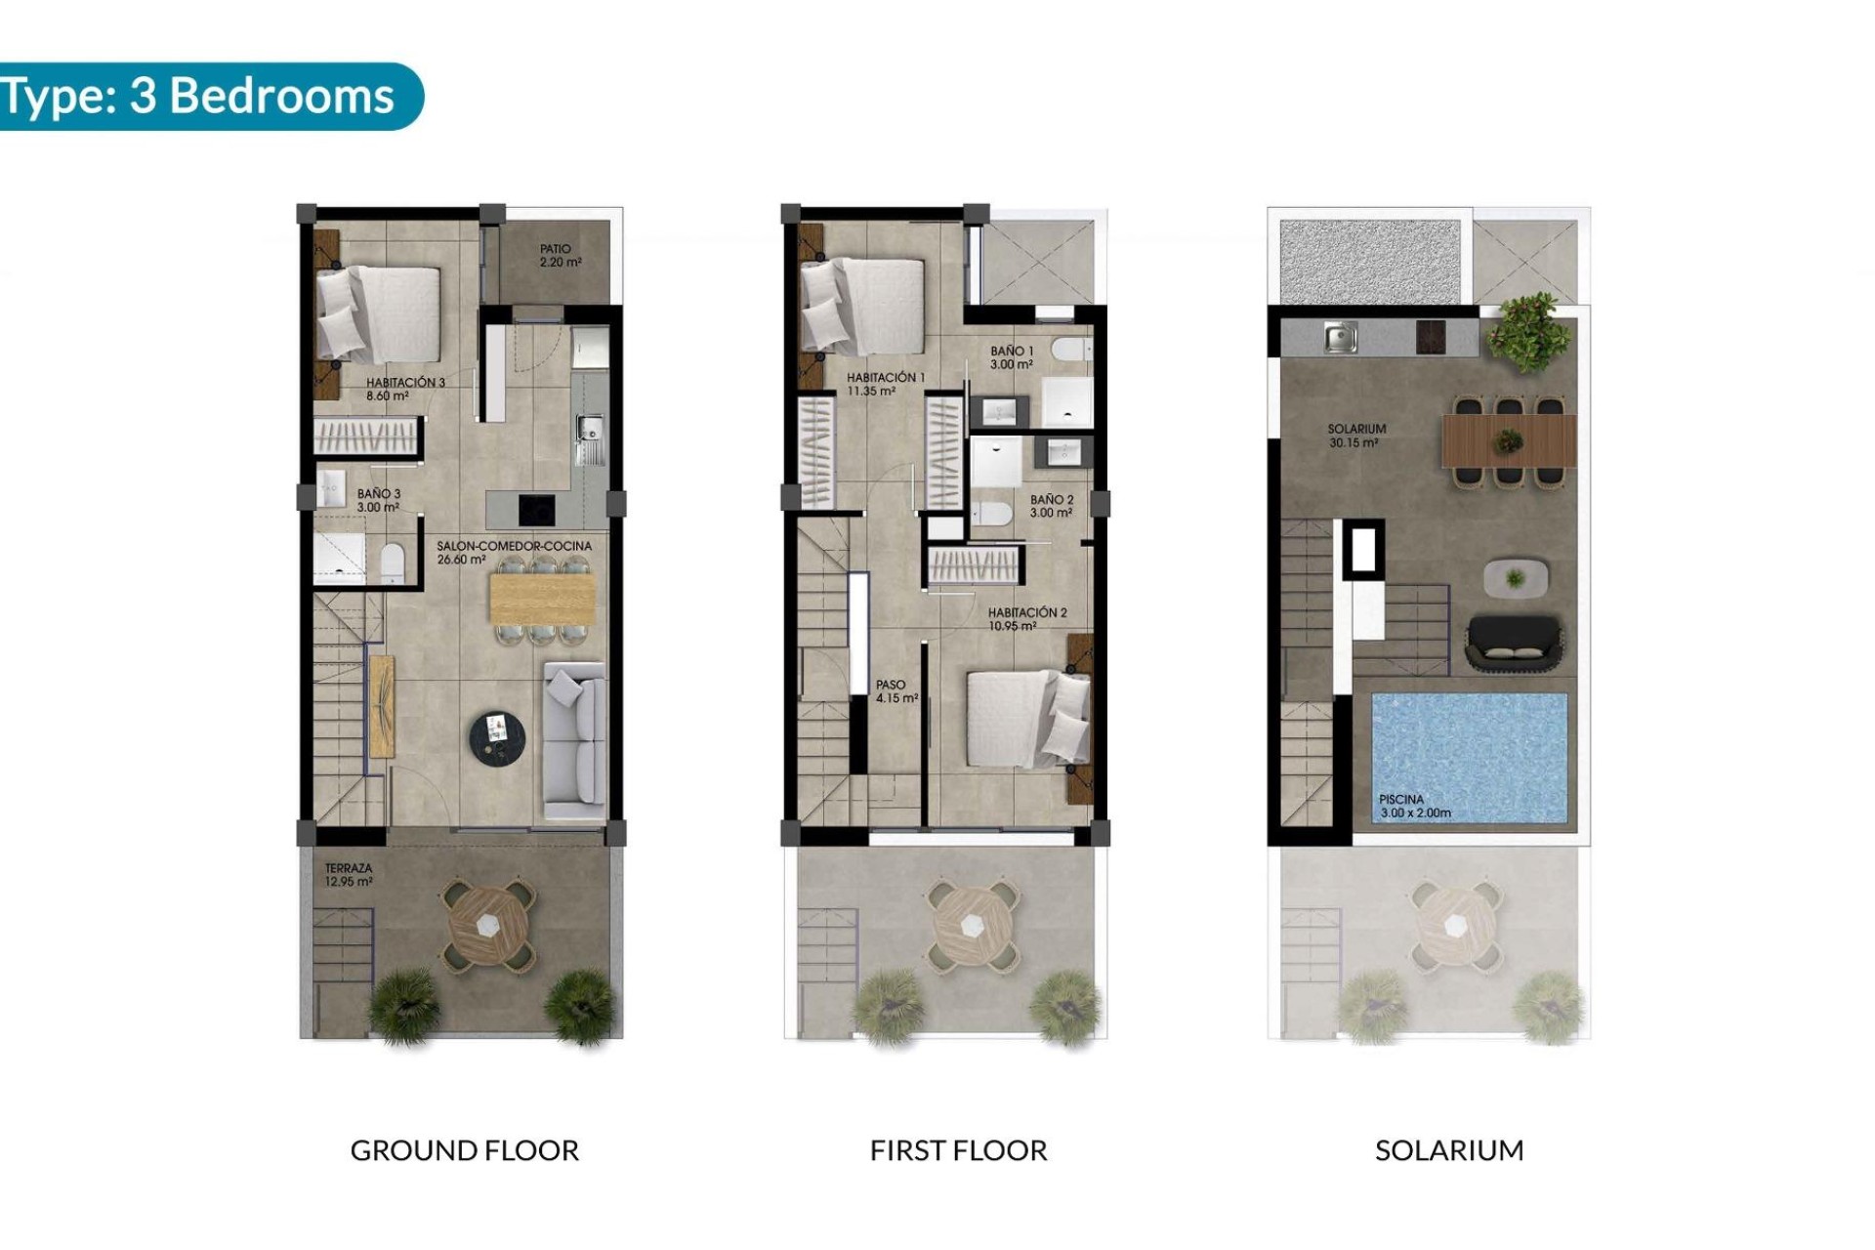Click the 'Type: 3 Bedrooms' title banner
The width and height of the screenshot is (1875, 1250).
tap(200, 97)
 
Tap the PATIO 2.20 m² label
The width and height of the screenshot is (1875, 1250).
tap(560, 256)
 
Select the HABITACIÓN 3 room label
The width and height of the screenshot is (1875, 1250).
tap(404, 389)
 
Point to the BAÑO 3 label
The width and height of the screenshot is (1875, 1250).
tap(378, 500)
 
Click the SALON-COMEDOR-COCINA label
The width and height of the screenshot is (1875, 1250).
tap(514, 553)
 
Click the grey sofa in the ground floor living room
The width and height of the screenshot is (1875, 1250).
tap(574, 740)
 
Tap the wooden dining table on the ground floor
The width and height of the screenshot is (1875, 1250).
tap(542, 598)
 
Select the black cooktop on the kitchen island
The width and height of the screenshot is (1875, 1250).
tap(536, 509)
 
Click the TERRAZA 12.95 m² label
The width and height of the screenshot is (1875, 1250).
tap(349, 874)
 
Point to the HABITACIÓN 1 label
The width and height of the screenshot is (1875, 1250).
tap(885, 384)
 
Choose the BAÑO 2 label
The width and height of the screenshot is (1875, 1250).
tap(1051, 506)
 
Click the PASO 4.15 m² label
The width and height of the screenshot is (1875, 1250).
tap(896, 691)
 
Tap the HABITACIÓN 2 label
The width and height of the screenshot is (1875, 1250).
tap(1026, 619)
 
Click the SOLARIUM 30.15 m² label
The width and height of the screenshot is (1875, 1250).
tap(1355, 436)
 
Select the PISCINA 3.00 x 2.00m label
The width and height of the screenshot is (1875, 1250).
tap(1413, 806)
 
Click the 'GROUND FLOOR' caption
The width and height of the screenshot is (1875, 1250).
tap(464, 1150)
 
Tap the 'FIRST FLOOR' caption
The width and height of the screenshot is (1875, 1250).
tap(958, 1150)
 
